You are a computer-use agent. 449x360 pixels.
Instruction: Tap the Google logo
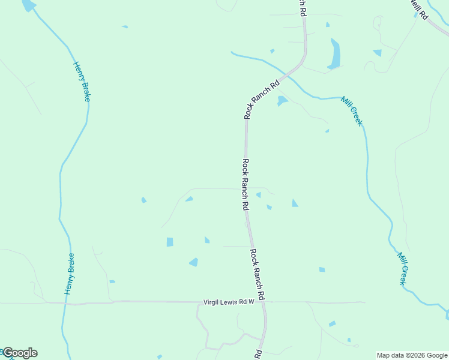20,353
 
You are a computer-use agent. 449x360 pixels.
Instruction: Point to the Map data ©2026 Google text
412,355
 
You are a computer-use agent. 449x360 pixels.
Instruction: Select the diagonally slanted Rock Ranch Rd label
262,99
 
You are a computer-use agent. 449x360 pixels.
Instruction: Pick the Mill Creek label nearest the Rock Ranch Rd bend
352,111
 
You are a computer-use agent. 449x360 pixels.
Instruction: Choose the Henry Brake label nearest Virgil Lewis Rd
70,274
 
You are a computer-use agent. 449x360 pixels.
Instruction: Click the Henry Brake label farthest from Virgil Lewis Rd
82,82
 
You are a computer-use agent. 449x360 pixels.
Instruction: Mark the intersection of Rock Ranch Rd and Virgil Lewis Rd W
264,302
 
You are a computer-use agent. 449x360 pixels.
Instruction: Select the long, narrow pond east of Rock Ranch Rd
335,53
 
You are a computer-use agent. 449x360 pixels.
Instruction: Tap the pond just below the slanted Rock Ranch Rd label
282,101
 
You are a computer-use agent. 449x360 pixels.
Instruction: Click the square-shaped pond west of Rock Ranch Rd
170,242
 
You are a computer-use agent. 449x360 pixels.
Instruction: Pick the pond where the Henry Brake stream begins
28,5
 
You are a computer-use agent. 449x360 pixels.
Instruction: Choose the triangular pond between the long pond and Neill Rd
378,53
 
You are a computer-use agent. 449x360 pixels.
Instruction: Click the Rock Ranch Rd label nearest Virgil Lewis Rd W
258,274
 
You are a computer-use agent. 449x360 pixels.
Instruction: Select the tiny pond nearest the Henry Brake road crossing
112,281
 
